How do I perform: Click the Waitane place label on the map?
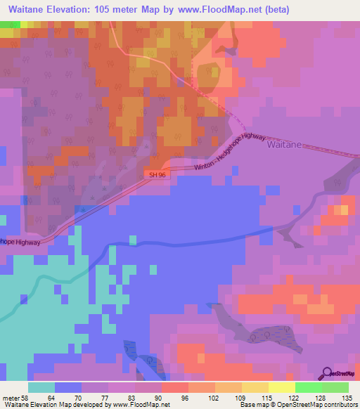(285, 144)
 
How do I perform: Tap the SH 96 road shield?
(157, 174)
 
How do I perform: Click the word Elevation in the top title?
(73, 9)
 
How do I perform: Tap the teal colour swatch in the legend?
(41, 387)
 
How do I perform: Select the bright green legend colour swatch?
(309, 387)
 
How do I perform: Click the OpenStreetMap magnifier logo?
(326, 372)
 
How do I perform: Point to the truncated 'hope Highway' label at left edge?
(25, 242)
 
